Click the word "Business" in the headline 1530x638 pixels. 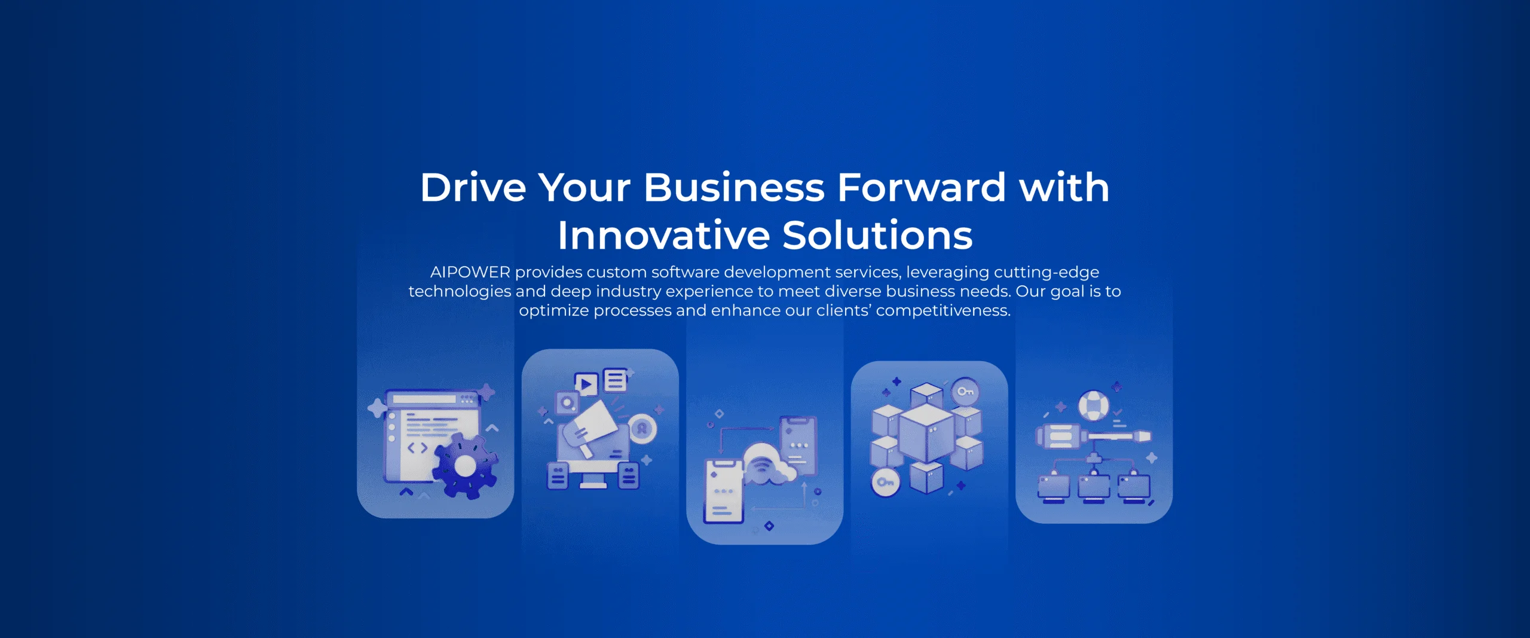click(734, 188)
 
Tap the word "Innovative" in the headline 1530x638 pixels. click(663, 236)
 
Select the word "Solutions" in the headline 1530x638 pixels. click(877, 236)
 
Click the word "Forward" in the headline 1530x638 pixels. click(922, 188)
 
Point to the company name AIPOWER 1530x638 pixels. click(470, 273)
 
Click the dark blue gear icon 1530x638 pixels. click(464, 466)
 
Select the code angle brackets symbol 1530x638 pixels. click(417, 448)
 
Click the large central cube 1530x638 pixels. click(926, 432)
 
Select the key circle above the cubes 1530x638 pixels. click(965, 392)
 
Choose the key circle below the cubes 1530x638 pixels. click(885, 483)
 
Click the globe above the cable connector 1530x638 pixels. click(1094, 405)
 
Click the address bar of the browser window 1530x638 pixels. click(424, 399)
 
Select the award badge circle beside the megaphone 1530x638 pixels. click(642, 428)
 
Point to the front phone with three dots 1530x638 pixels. click(724, 492)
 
